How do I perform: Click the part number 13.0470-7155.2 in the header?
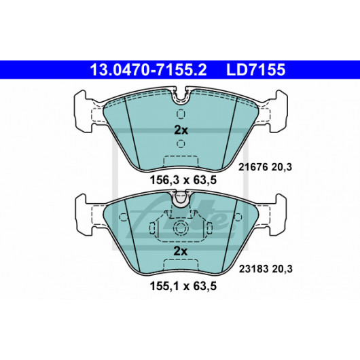(x=148, y=70)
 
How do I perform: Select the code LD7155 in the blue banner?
(x=256, y=70)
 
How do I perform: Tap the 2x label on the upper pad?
(x=181, y=130)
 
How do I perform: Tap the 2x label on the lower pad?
(x=181, y=251)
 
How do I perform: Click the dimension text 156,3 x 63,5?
(x=183, y=180)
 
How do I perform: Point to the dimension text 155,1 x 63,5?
(x=183, y=286)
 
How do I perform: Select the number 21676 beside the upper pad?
(x=253, y=167)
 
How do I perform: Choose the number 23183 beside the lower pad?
(x=254, y=269)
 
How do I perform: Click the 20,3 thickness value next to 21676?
(x=282, y=167)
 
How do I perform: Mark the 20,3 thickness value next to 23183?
(x=282, y=269)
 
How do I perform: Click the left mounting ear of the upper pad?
(x=84, y=111)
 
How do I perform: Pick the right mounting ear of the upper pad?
(x=278, y=111)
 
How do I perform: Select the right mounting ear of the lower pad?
(x=278, y=215)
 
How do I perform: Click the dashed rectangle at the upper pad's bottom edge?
(x=181, y=162)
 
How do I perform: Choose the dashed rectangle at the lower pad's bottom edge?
(x=181, y=265)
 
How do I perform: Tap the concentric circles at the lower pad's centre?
(x=181, y=228)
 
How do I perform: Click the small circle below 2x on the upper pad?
(x=181, y=143)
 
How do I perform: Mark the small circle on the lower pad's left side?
(x=124, y=217)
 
